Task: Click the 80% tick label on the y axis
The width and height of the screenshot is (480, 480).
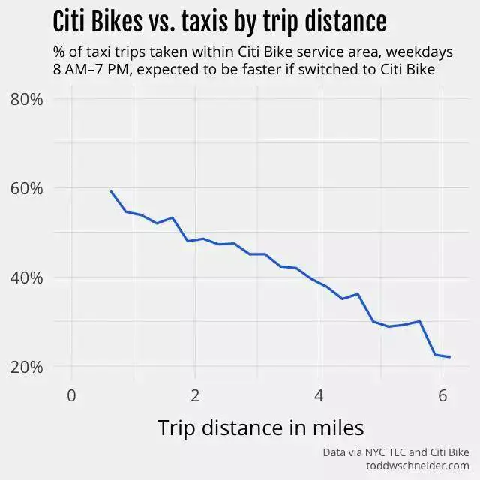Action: pyautogui.click(x=26, y=99)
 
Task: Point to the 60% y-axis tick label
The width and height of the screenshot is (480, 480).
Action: pyautogui.click(x=26, y=188)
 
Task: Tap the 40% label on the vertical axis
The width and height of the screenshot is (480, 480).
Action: pyautogui.click(x=26, y=277)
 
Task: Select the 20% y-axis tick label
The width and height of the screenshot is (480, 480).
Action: pyautogui.click(x=26, y=367)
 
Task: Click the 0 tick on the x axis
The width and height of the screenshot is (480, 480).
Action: pyautogui.click(x=71, y=395)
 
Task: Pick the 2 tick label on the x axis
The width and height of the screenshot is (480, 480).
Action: pyautogui.click(x=195, y=395)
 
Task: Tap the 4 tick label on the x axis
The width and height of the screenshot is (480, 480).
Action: pyautogui.click(x=319, y=395)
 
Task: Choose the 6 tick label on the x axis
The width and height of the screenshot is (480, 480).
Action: pyautogui.click(x=442, y=395)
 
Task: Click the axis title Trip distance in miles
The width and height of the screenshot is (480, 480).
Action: pyautogui.click(x=260, y=427)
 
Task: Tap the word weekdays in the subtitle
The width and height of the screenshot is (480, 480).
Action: pyautogui.click(x=421, y=53)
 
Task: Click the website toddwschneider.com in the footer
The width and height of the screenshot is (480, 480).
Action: pyautogui.click(x=417, y=466)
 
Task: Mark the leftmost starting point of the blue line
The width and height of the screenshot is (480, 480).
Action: pyautogui.click(x=110, y=190)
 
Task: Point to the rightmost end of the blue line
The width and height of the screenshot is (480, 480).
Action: pyautogui.click(x=450, y=357)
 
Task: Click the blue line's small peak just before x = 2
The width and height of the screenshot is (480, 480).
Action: pyautogui.click(x=172, y=217)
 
